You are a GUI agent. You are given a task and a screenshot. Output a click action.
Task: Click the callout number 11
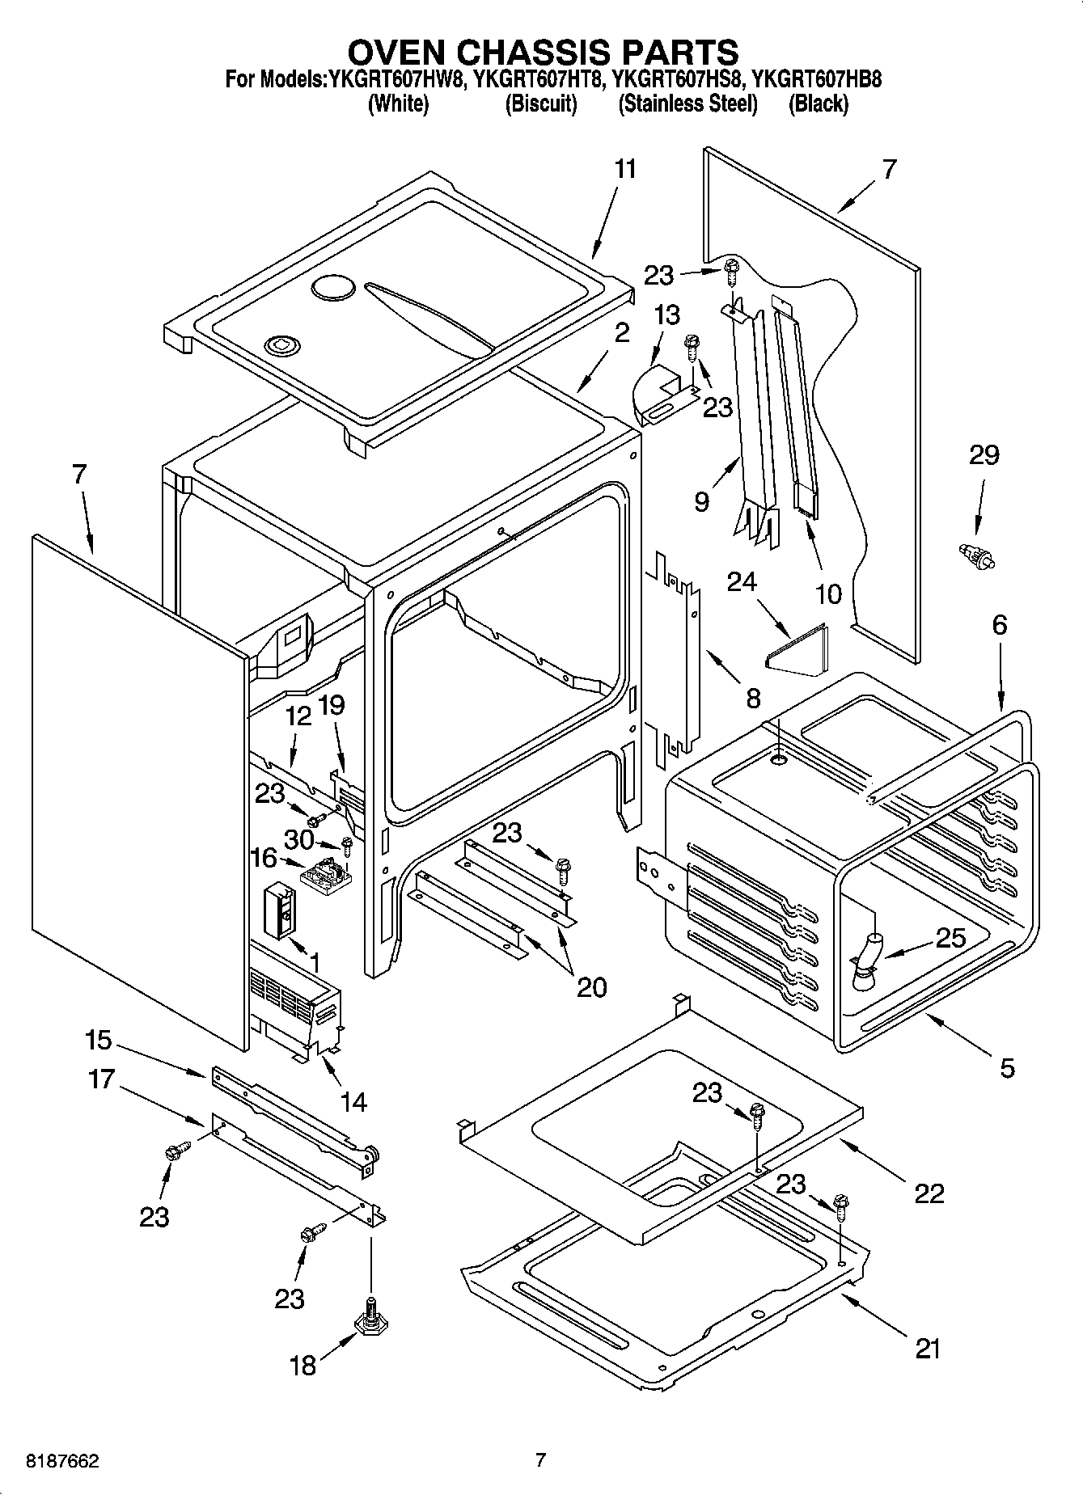tap(624, 169)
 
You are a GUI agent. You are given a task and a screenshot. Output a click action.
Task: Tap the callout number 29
tap(984, 455)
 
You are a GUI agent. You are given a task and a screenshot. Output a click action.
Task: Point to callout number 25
tap(950, 937)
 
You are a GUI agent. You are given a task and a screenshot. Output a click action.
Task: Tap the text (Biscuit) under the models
tap(540, 103)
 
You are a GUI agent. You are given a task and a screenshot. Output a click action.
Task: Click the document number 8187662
tap(53, 1461)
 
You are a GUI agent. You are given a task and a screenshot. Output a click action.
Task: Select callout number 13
tap(666, 315)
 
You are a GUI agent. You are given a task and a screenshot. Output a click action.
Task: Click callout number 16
tap(264, 858)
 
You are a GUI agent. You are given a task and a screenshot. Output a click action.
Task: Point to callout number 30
tap(298, 840)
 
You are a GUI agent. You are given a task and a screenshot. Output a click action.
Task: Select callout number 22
tap(929, 1193)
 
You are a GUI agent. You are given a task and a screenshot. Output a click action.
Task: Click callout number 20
tap(590, 986)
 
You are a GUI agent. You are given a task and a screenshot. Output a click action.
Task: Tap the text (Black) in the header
tap(818, 103)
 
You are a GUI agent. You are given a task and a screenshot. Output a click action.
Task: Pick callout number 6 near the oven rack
tap(1000, 625)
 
